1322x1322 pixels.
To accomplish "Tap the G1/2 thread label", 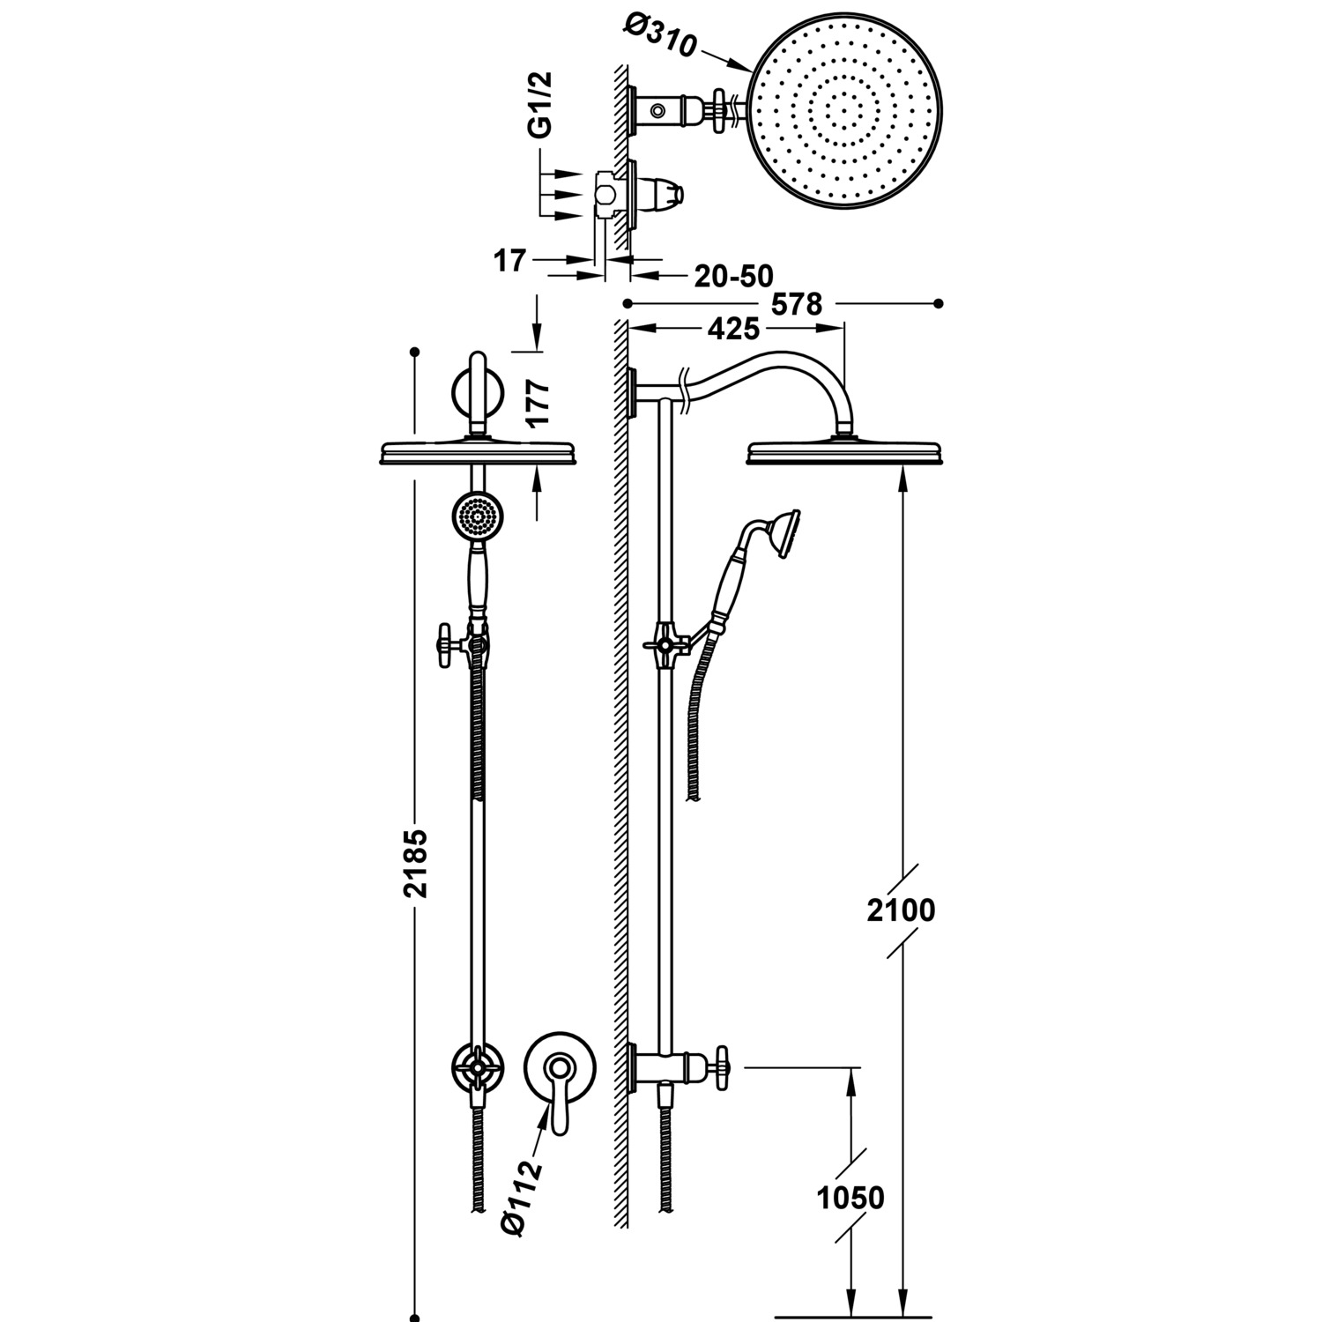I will pyautogui.click(x=539, y=104).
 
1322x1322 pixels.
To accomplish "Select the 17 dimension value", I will pyautogui.click(x=509, y=261).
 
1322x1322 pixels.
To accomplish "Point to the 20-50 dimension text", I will pyautogui.click(x=733, y=276).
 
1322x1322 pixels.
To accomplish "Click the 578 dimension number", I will pyautogui.click(x=796, y=304).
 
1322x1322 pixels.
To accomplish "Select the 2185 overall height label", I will pyautogui.click(x=415, y=863).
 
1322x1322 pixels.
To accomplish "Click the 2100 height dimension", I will pyautogui.click(x=901, y=910).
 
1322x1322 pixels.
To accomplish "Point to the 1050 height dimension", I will pyautogui.click(x=850, y=1198).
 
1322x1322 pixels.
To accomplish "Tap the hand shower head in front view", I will pyautogui.click(x=477, y=516).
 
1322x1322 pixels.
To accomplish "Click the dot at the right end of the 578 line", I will pyautogui.click(x=939, y=304).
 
